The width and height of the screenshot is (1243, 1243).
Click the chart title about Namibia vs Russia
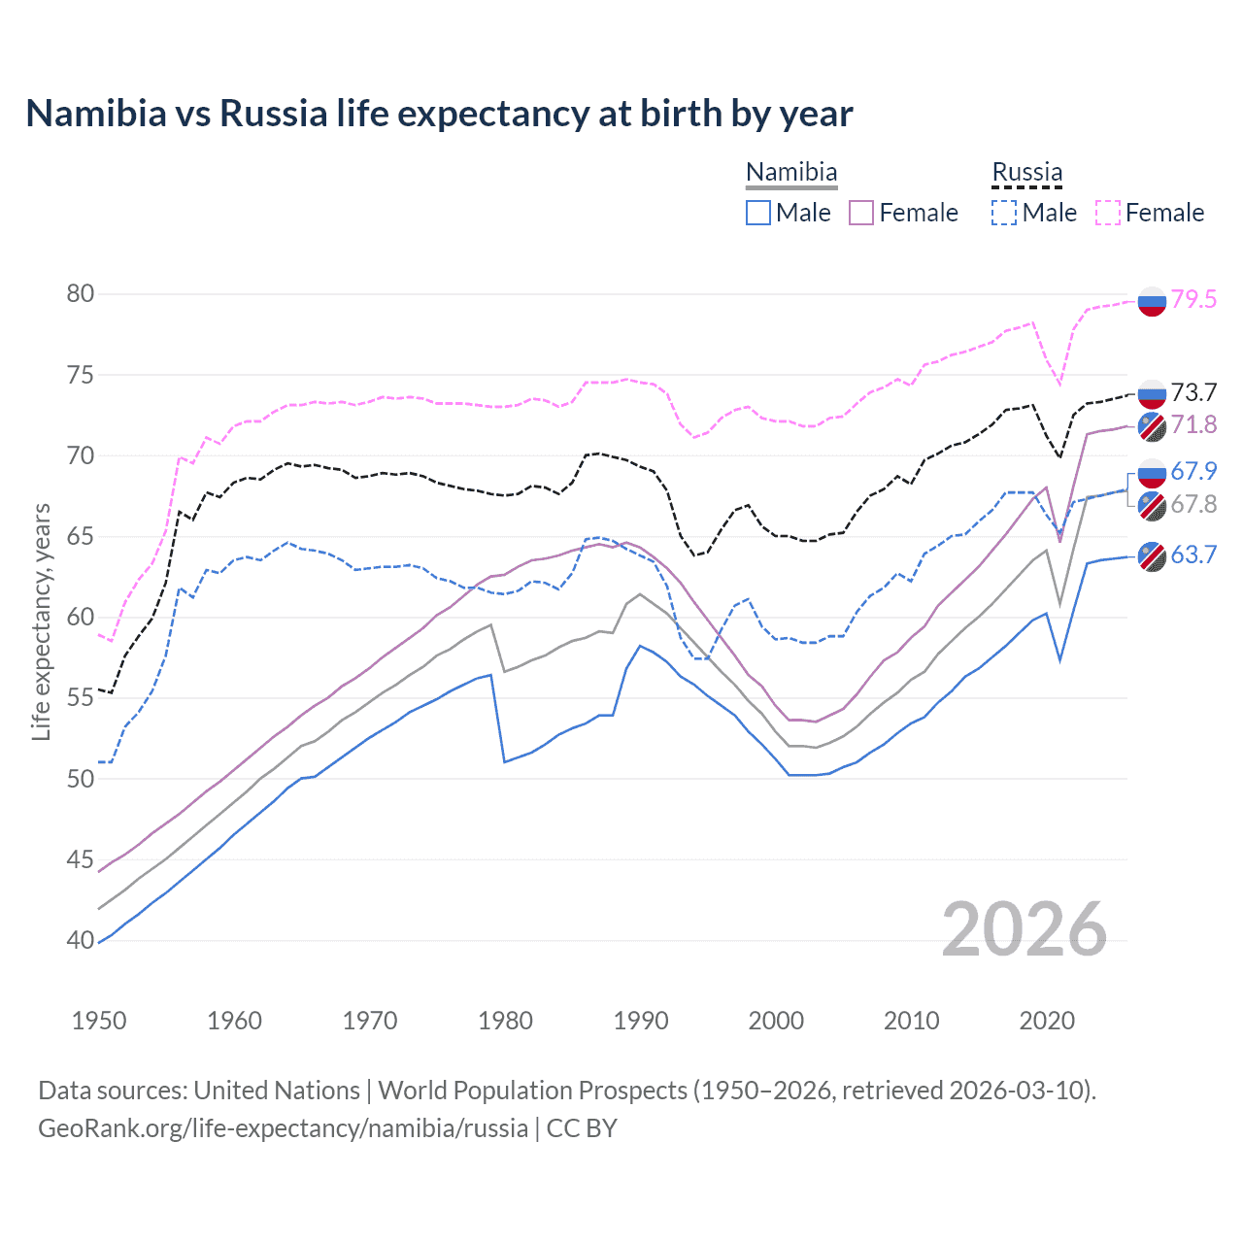(439, 114)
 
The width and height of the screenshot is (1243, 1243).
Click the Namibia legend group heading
(791, 173)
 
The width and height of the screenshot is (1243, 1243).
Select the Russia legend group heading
(1027, 173)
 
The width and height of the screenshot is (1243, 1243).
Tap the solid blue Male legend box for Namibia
(758, 213)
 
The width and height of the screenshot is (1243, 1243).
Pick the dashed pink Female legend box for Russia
(1108, 213)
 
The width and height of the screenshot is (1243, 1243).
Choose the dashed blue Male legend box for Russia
(1004, 213)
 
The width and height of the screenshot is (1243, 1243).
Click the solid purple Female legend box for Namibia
(861, 213)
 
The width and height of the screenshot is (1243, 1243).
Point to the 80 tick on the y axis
(81, 293)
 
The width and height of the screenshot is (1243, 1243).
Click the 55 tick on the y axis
(81, 697)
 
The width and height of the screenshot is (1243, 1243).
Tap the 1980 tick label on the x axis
(505, 1021)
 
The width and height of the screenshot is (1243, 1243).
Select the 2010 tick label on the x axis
(911, 1021)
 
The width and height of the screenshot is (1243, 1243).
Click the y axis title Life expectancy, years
(42, 621)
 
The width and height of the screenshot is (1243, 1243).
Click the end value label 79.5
(1193, 299)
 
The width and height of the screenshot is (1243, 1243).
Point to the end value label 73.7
(1193, 392)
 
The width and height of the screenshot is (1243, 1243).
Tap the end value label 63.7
(1193, 554)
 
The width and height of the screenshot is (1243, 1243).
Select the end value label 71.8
(1193, 424)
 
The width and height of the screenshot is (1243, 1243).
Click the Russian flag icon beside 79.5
(1152, 302)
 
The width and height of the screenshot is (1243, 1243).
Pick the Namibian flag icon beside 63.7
(1152, 556)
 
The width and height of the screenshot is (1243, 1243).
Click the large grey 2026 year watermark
(1024, 929)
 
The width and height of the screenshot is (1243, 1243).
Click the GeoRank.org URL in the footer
(283, 1128)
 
